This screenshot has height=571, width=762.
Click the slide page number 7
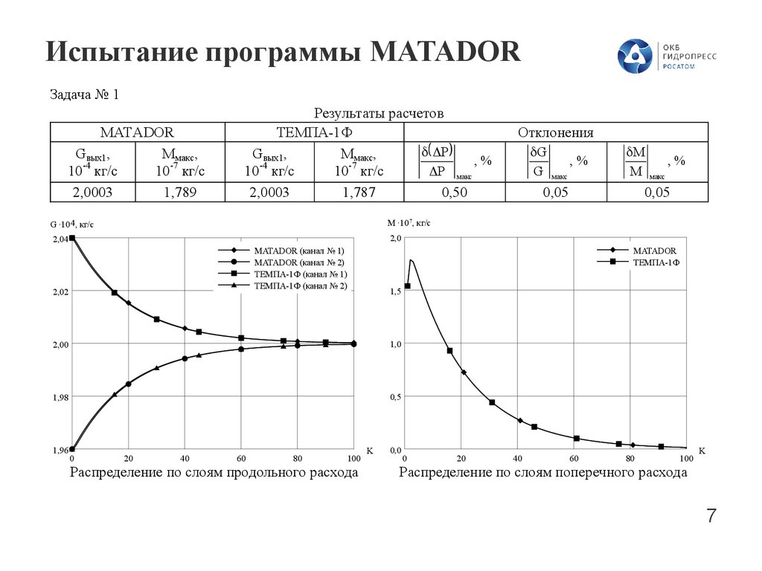click(x=711, y=516)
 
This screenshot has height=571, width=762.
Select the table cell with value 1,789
click(x=179, y=193)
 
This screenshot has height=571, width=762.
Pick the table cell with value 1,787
click(x=359, y=193)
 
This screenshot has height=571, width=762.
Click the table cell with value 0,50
click(x=454, y=193)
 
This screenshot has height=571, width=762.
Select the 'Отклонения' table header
click(x=555, y=133)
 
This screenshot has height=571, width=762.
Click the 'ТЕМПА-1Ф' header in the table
click(x=313, y=133)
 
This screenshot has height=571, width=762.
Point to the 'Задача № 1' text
click(x=84, y=95)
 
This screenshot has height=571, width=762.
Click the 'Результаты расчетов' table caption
click(x=379, y=114)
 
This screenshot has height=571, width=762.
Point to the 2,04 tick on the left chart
click(x=60, y=239)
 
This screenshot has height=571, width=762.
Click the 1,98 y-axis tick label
click(x=60, y=397)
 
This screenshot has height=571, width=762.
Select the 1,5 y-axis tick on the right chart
click(x=396, y=291)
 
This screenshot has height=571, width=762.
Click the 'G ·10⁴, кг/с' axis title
click(x=72, y=223)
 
